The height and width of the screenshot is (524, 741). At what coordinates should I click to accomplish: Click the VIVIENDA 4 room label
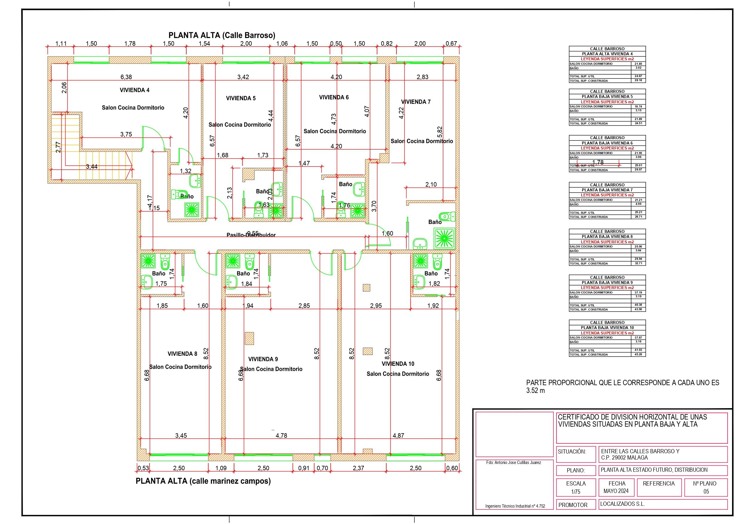[135, 90]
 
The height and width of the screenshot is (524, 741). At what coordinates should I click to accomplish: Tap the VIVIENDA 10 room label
[398, 364]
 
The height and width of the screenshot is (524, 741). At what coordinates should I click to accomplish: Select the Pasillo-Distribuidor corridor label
[251, 235]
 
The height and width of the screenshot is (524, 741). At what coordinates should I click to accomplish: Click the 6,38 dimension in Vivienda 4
[126, 77]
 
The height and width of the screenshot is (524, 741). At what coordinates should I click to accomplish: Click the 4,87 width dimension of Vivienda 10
[398, 436]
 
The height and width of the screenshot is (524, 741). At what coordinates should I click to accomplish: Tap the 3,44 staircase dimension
[92, 167]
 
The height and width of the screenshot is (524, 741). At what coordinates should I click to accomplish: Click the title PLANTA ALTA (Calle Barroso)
[222, 35]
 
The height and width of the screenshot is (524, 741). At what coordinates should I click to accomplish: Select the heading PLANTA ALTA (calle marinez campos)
[203, 481]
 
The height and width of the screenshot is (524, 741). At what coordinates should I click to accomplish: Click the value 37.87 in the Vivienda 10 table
[638, 337]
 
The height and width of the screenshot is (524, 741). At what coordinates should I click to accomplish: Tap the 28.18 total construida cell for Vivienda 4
[638, 80]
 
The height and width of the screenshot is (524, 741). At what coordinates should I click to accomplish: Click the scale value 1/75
[576, 492]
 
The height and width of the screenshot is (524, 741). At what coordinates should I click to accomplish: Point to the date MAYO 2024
[617, 491]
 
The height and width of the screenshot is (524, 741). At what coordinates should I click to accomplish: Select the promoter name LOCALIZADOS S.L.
[622, 504]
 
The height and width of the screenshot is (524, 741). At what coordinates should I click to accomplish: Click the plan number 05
[706, 491]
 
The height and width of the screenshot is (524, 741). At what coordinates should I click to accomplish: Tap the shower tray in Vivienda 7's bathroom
[445, 238]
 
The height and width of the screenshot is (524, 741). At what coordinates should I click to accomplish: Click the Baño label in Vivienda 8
[159, 273]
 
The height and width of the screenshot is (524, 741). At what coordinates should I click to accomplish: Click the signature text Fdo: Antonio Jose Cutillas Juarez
[514, 462]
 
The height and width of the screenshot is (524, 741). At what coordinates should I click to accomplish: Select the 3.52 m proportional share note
[535, 390]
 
